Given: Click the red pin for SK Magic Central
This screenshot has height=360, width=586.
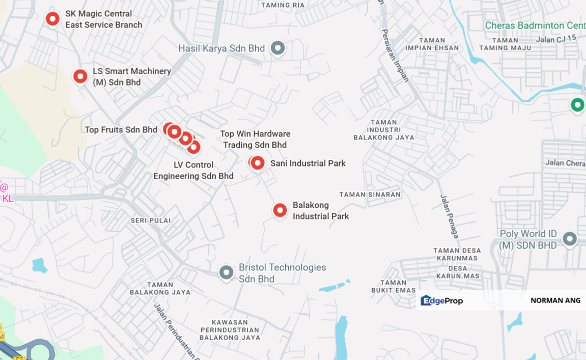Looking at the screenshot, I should [52, 19].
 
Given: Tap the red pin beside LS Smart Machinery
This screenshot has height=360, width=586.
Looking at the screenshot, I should [80, 76].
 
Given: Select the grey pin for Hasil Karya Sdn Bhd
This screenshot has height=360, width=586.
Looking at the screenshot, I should [277, 48].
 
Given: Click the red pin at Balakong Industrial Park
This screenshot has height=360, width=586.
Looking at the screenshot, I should [280, 210].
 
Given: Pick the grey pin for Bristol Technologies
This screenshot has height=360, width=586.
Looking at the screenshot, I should [226, 272].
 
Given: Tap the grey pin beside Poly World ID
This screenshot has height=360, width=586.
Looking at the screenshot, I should [570, 239].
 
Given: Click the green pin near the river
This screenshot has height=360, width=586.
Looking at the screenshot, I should [578, 105].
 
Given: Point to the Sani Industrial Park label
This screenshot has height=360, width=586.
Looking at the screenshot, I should [308, 163].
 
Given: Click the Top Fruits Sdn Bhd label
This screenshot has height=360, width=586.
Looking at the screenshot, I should [121, 130].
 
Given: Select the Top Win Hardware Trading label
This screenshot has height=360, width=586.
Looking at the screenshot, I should [255, 139].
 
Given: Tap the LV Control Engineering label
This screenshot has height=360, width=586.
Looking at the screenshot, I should [193, 170].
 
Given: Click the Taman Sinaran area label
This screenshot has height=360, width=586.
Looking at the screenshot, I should [370, 194].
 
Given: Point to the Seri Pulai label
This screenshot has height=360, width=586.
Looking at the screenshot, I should [151, 220].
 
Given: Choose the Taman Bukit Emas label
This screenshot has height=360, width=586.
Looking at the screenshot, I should [394, 286].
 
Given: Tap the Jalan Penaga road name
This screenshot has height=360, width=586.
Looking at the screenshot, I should [449, 216].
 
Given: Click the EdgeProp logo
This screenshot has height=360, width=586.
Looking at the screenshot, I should [442, 300].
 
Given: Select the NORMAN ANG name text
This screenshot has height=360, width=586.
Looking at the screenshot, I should [555, 300].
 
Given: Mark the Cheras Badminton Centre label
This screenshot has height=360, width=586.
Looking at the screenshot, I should [535, 25].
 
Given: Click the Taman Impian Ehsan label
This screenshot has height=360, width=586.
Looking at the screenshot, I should [432, 44].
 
